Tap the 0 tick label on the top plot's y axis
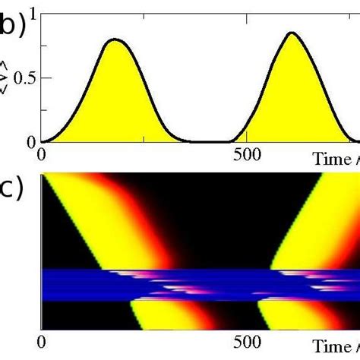[x=30, y=141]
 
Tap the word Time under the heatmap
[x=331, y=343]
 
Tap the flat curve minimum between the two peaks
[x=220, y=141]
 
